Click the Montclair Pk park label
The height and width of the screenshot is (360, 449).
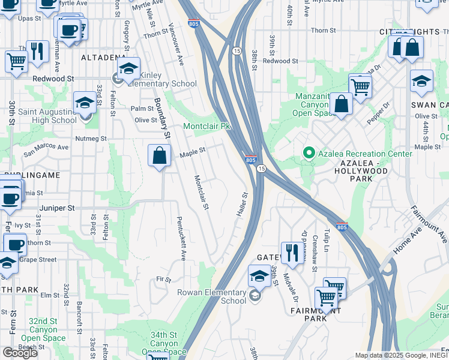[x=206, y=127]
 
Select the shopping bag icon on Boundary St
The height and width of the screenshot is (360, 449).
[x=160, y=156]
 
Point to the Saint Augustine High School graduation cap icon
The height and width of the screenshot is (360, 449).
[x=85, y=103]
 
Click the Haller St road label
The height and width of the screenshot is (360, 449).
[x=240, y=205]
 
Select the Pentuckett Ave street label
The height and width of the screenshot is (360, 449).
[x=181, y=238]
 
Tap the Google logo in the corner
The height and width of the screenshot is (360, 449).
[x=20, y=352]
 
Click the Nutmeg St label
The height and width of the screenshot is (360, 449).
[x=91, y=139]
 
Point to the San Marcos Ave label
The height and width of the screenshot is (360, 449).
[x=46, y=149]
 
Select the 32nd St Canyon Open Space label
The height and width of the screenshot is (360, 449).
[x=43, y=330]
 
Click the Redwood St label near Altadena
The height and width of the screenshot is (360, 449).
[x=53, y=79]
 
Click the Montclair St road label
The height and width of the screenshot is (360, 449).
[x=201, y=193]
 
